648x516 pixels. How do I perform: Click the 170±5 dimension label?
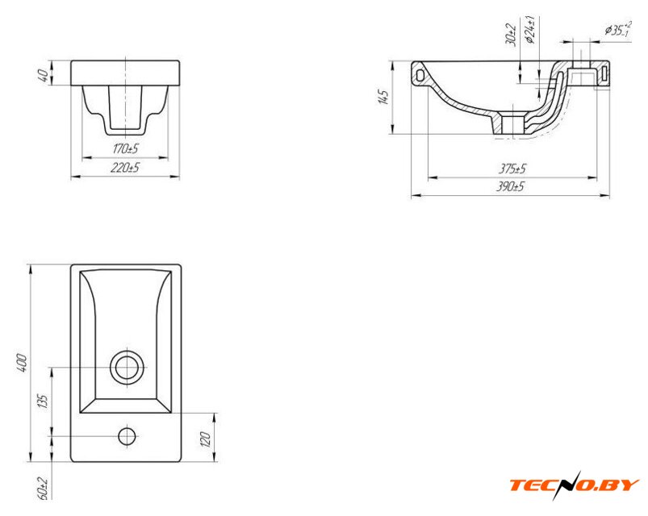click(126, 148)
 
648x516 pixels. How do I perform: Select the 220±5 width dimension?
click(125, 168)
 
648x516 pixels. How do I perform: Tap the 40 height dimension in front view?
click(43, 75)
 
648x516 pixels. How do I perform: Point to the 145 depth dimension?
click(384, 98)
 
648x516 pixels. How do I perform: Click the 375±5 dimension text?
click(512, 169)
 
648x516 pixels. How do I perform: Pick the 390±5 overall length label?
click(510, 186)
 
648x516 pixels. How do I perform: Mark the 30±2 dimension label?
click(511, 34)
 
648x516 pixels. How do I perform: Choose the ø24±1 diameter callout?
click(530, 30)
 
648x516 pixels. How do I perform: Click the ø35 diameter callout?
click(618, 29)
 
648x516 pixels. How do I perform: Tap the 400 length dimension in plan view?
click(22, 363)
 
